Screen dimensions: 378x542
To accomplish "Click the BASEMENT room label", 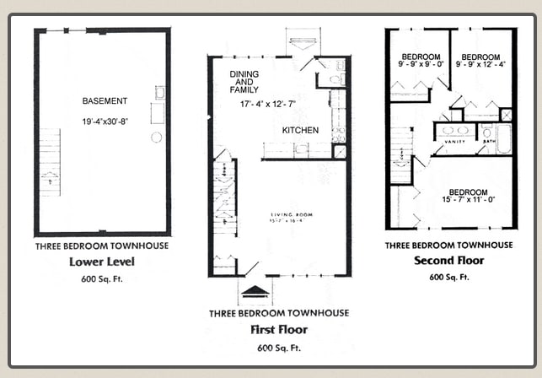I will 105,101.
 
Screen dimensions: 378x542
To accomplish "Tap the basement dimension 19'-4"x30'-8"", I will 105,121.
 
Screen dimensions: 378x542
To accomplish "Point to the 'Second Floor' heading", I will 448,261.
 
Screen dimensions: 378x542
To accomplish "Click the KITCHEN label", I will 300,131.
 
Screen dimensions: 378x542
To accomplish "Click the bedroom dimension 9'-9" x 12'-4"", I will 483,63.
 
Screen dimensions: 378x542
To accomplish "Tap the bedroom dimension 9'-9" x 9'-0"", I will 419,63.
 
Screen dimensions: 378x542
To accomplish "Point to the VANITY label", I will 455,142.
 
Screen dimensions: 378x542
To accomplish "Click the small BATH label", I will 489,142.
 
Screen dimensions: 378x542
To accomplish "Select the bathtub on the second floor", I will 504,138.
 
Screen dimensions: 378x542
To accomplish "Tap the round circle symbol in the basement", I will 156,137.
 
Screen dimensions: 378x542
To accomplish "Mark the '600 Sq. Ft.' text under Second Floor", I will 448,277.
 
